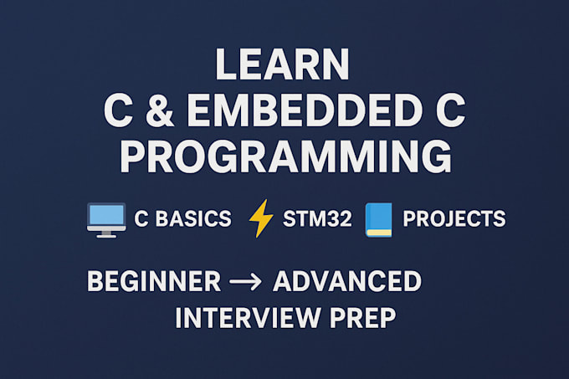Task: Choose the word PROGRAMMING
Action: (284, 157)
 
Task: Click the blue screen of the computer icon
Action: (106, 216)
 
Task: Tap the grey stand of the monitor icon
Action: (106, 233)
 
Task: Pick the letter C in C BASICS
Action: (141, 220)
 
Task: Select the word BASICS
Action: (194, 220)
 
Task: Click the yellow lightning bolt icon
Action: (261, 219)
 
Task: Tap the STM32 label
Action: (315, 220)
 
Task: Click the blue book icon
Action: (379, 219)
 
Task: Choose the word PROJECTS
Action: (454, 220)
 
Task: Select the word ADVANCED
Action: (346, 282)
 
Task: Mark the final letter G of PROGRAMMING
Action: (432, 157)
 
